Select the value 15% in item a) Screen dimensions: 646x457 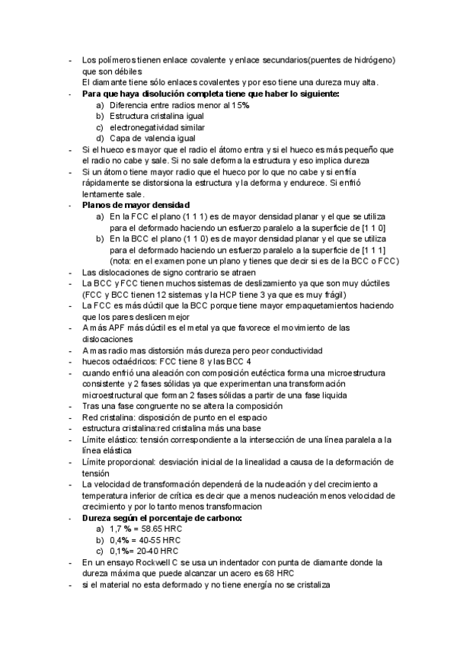coord(241,105)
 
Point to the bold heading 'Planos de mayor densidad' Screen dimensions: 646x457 coord(136,206)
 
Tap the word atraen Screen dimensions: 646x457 coord(242,272)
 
